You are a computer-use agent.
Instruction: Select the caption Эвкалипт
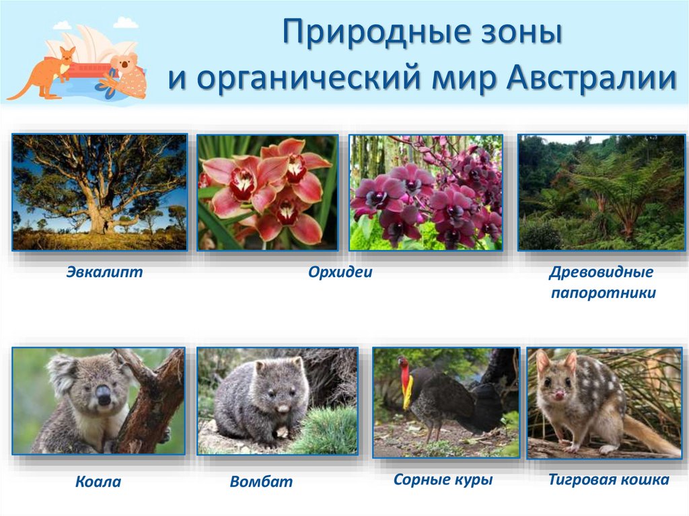(104, 272)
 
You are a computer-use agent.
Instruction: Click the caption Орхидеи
(340, 272)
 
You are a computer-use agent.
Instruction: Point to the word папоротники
(603, 293)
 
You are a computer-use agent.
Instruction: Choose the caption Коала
(98, 481)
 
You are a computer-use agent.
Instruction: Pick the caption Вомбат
(261, 481)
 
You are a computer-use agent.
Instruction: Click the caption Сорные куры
(443, 480)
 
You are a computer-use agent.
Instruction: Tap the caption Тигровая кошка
(608, 480)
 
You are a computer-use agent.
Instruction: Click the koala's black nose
(103, 396)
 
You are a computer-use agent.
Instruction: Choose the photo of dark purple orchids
(425, 192)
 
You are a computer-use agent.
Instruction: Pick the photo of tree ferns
(600, 192)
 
